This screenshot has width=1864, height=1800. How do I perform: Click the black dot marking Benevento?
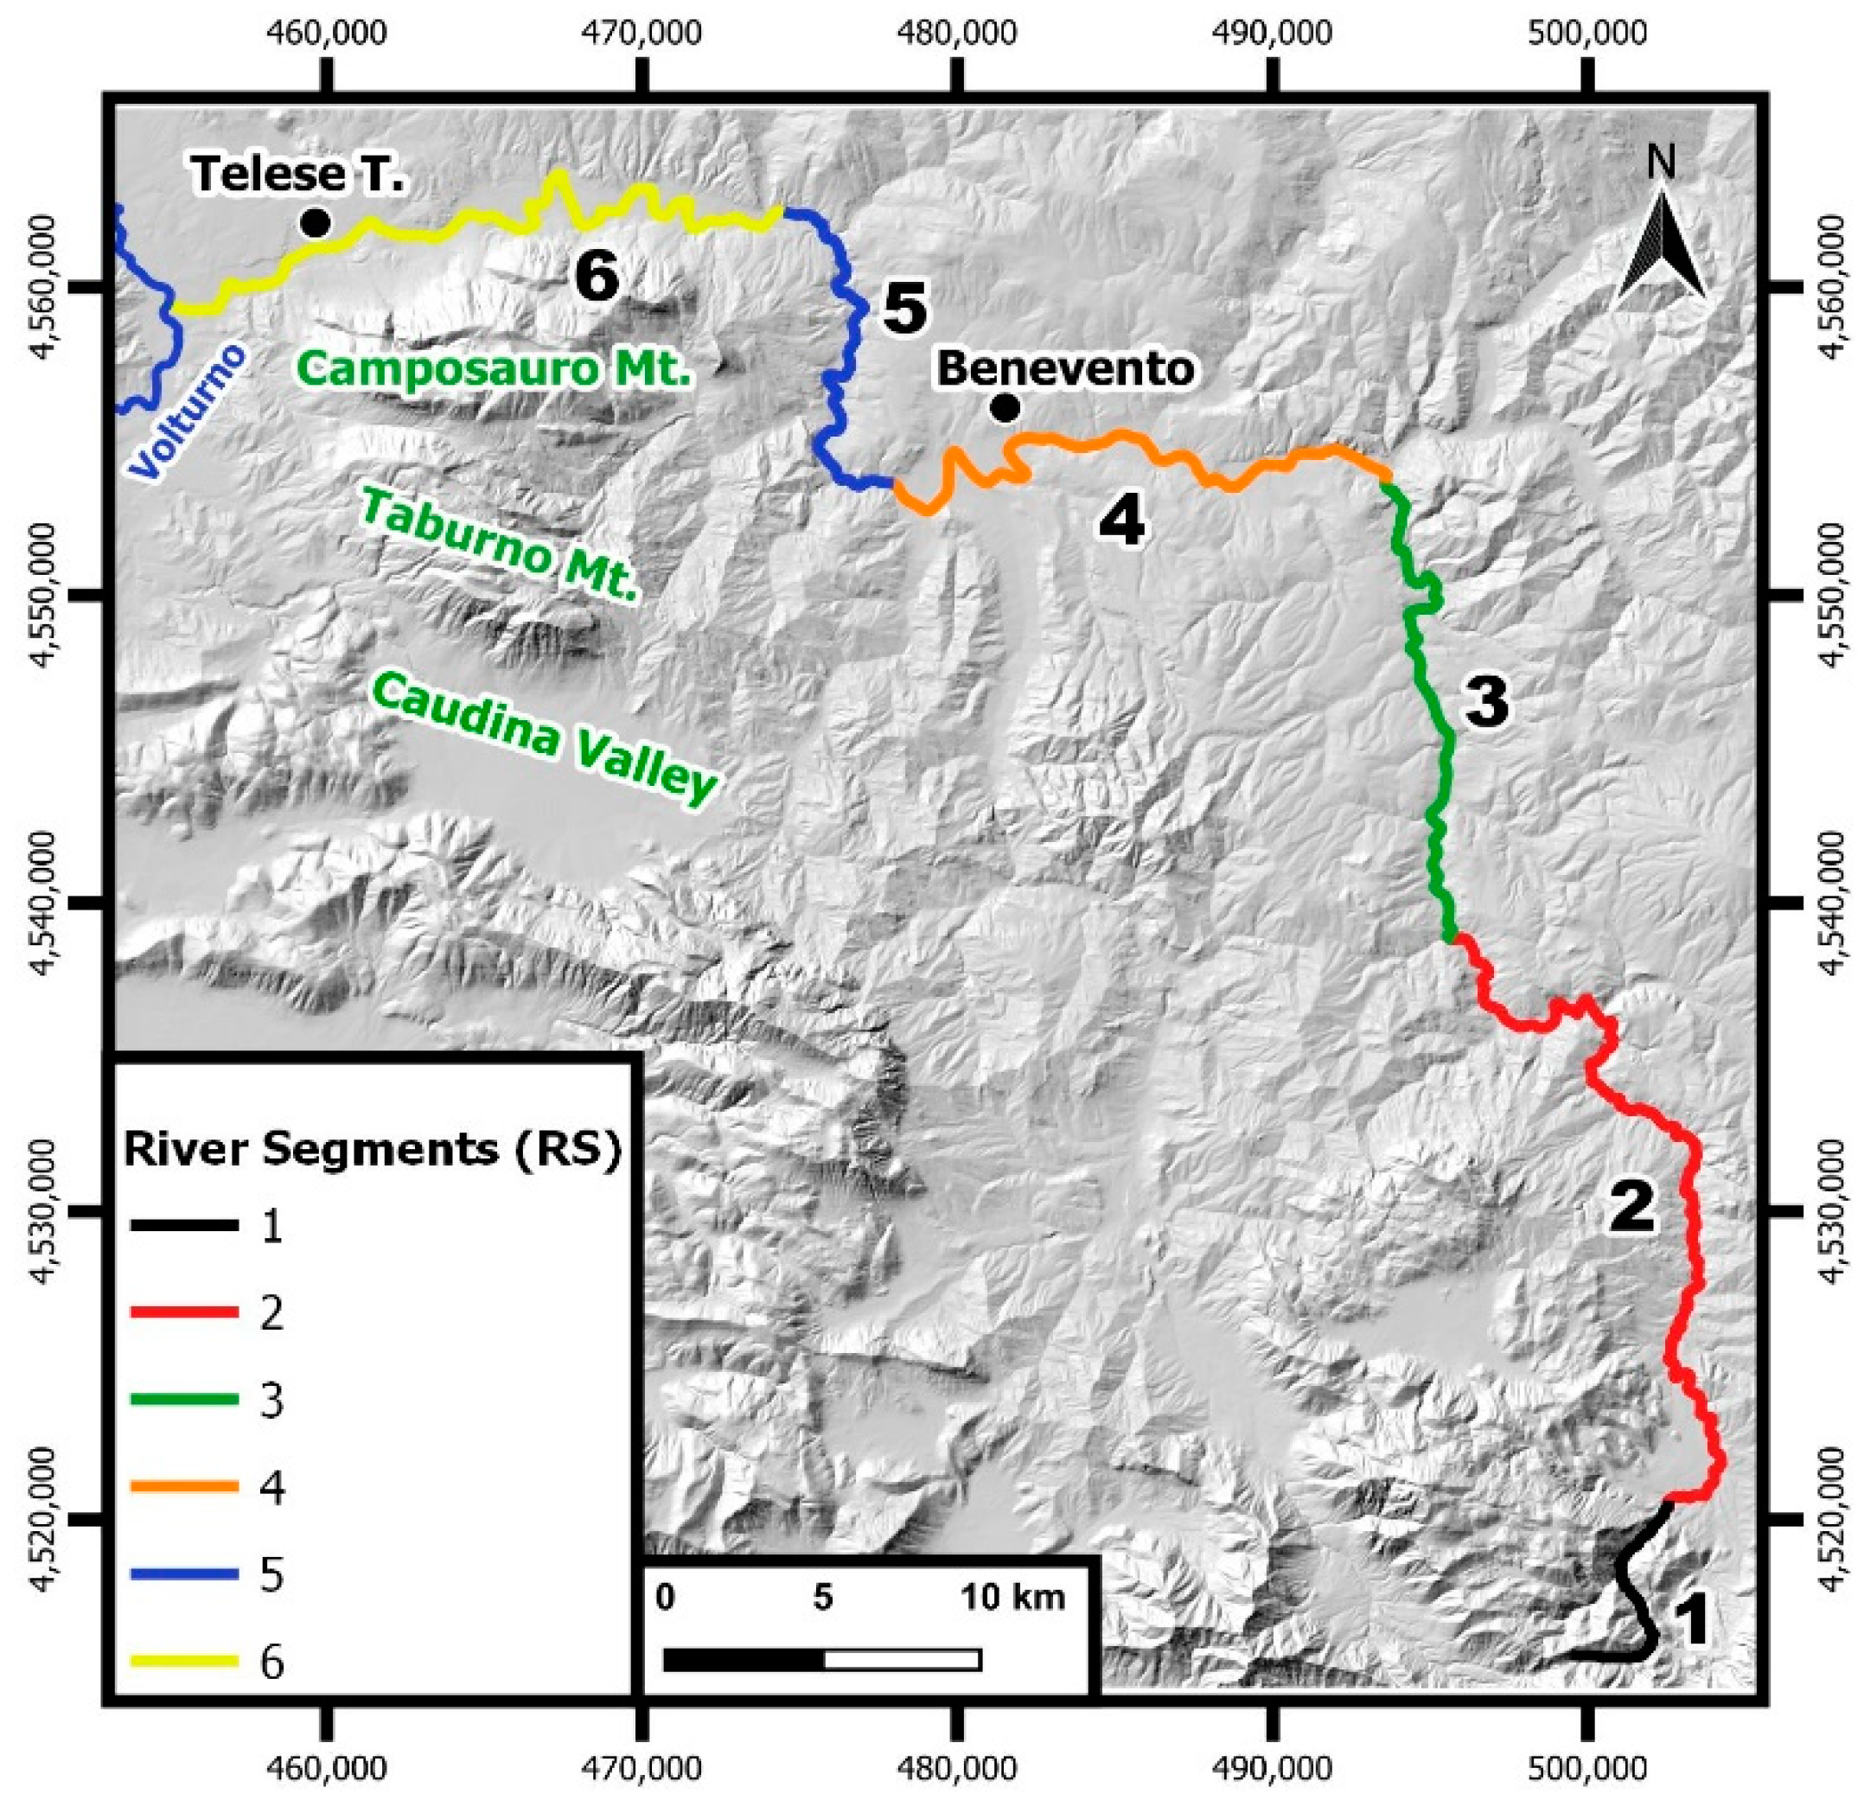tap(1005, 409)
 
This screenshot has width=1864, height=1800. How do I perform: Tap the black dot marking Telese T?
tap(316, 223)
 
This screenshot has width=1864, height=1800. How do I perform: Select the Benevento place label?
tap(1065, 369)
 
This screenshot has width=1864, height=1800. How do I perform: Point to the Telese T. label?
tap(297, 174)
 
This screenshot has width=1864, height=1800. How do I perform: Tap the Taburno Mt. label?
tap(498, 546)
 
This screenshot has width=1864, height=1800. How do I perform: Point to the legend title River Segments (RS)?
tap(373, 1150)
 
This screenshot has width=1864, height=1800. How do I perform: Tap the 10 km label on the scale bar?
tap(1012, 1598)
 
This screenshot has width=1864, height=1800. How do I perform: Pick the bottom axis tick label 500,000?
tap(1586, 1765)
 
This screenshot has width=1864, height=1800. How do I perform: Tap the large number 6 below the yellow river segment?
tap(597, 278)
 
